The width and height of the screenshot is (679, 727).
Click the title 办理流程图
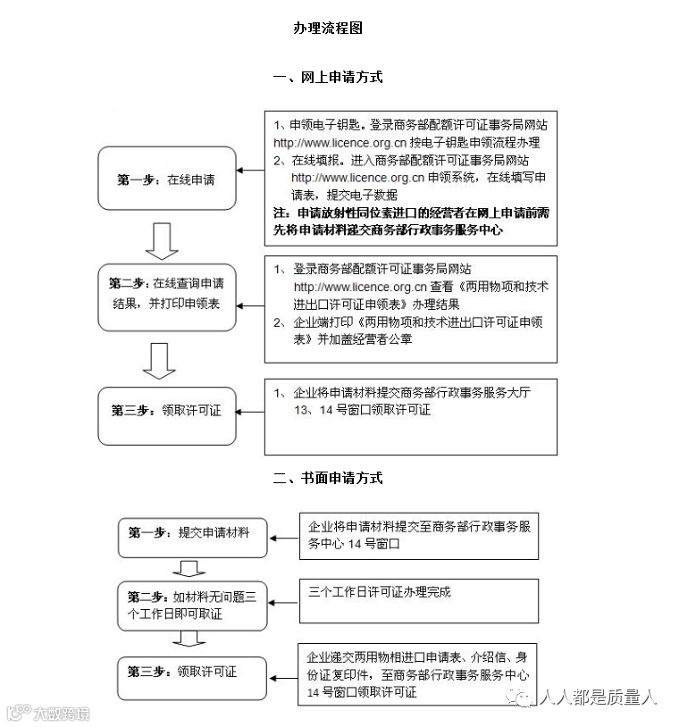tap(327, 29)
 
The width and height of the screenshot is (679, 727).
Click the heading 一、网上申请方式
tap(327, 78)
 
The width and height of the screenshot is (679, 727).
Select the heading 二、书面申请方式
tap(327, 478)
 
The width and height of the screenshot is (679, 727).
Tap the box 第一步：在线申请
tap(166, 180)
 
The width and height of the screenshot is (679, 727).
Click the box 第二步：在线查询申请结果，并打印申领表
tap(166, 291)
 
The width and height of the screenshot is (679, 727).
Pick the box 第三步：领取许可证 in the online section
tap(166, 412)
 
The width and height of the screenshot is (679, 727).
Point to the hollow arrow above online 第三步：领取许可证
tap(161, 359)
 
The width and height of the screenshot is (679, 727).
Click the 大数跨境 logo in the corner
tap(48, 713)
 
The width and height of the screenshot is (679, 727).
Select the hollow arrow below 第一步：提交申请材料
tap(188, 569)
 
